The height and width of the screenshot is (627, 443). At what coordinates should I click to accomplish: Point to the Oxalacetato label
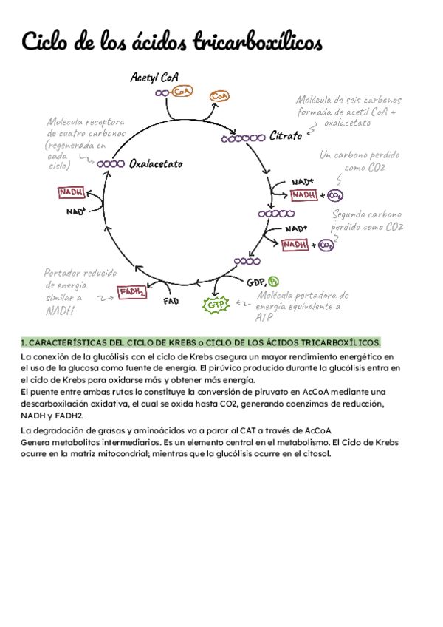tap(155, 164)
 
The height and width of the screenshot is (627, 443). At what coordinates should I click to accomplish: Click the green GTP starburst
tap(215, 304)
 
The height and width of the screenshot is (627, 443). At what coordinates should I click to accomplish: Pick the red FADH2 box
tap(132, 293)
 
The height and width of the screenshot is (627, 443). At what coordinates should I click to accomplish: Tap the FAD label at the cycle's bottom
tap(171, 302)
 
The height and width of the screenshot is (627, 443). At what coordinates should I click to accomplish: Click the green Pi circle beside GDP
tap(274, 281)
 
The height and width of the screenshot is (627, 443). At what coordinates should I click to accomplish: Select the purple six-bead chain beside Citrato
tap(243, 138)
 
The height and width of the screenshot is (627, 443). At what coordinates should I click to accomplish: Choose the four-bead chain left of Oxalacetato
tap(110, 164)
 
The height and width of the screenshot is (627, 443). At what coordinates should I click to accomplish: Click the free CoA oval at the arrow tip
tap(219, 96)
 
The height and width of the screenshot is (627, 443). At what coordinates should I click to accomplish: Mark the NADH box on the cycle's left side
tap(71, 192)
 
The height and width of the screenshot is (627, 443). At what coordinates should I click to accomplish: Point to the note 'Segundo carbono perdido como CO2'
tap(367, 220)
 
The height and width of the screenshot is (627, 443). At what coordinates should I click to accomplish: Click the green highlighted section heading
tap(201, 343)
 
